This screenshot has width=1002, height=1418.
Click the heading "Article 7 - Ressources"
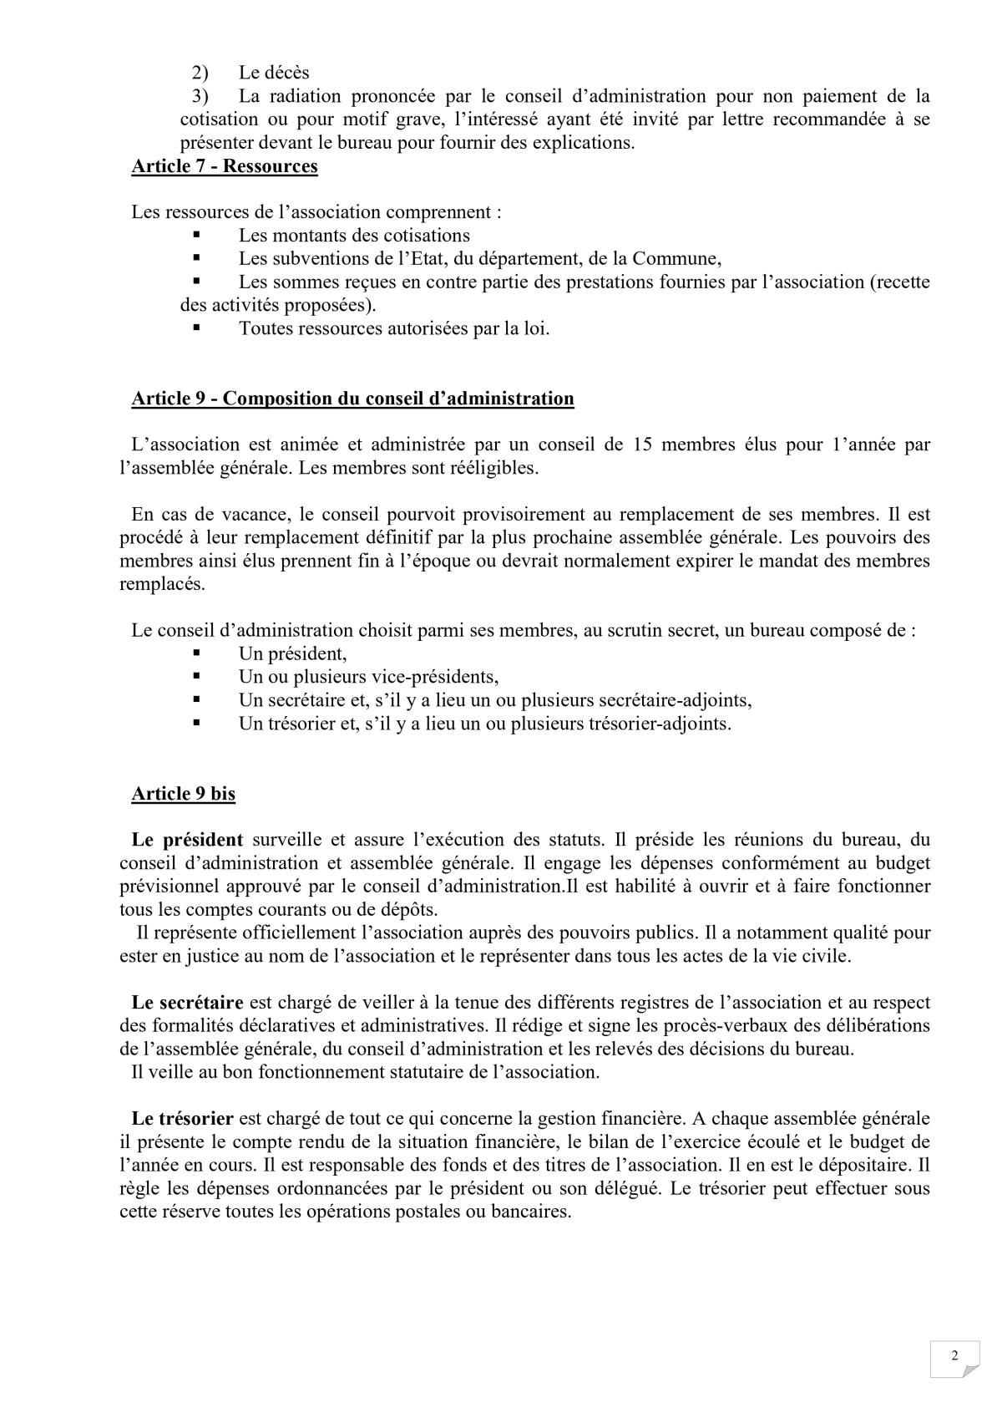pyautogui.click(x=225, y=166)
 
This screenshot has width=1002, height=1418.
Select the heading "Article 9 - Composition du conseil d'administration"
pyautogui.click(x=352, y=398)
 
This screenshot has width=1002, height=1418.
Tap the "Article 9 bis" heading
pyautogui.click(x=183, y=793)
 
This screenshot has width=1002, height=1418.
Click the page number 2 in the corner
pyautogui.click(x=954, y=1355)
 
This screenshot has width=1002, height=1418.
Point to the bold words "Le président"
pyautogui.click(x=187, y=840)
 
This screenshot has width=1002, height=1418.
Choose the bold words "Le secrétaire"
pyautogui.click(x=187, y=1002)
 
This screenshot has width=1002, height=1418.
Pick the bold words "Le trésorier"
pyautogui.click(x=182, y=1118)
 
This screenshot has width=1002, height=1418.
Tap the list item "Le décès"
pyautogui.click(x=274, y=74)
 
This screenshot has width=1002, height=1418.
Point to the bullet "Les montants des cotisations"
pyautogui.click(x=354, y=236)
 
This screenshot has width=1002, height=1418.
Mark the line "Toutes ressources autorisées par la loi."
pyautogui.click(x=394, y=328)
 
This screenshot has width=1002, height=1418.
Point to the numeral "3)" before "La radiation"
pyautogui.click(x=200, y=97)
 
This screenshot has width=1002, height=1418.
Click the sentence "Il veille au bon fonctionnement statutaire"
pyautogui.click(x=365, y=1072)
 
